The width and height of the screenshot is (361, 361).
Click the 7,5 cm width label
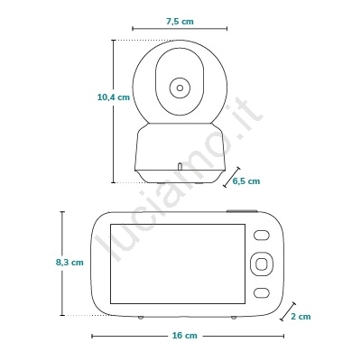[x=180, y=22]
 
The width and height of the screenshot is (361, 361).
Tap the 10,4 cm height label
[x=114, y=97]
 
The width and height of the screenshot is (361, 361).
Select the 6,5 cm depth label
[x=246, y=181]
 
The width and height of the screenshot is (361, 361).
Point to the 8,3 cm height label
[x=69, y=263]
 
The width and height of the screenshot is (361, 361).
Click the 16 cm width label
[x=185, y=336]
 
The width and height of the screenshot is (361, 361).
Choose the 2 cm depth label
[x=301, y=317]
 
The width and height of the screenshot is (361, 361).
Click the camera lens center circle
[x=180, y=88]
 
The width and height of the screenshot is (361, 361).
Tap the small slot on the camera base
[x=180, y=166]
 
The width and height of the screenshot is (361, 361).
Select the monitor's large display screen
[x=178, y=264]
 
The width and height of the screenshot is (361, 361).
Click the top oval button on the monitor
[x=261, y=236]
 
